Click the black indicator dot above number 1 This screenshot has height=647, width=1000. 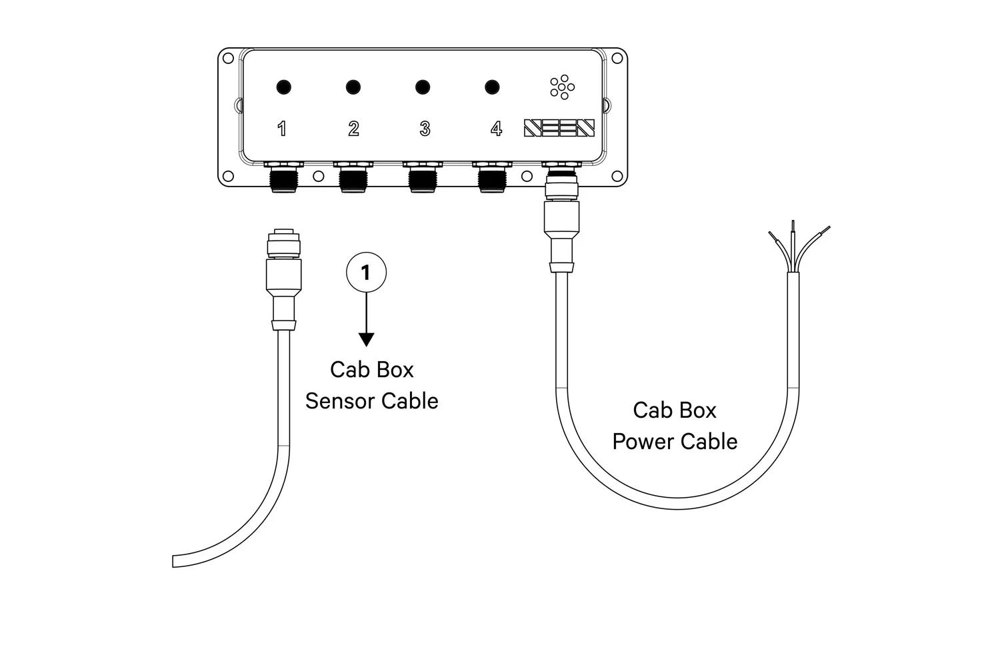click(283, 87)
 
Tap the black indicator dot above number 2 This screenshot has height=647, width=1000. click(353, 87)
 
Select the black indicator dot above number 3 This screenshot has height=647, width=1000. click(423, 87)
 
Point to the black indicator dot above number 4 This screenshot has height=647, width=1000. click(492, 87)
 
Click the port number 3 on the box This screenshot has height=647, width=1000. click(425, 129)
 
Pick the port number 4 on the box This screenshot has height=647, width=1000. click(496, 129)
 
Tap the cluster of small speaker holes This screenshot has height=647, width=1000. click(563, 87)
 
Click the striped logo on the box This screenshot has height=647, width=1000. click(559, 128)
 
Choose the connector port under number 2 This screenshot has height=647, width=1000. click(353, 179)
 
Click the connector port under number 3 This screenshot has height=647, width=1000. click(423, 179)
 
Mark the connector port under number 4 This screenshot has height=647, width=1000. click(492, 179)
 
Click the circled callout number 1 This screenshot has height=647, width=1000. click(366, 273)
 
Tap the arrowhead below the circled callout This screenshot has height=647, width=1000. click(366, 339)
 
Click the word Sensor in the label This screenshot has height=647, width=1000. click(339, 401)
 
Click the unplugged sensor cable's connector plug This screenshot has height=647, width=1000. click(283, 280)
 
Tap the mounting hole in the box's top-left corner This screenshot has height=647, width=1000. click(228, 59)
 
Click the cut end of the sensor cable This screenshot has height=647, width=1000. click(175, 560)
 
